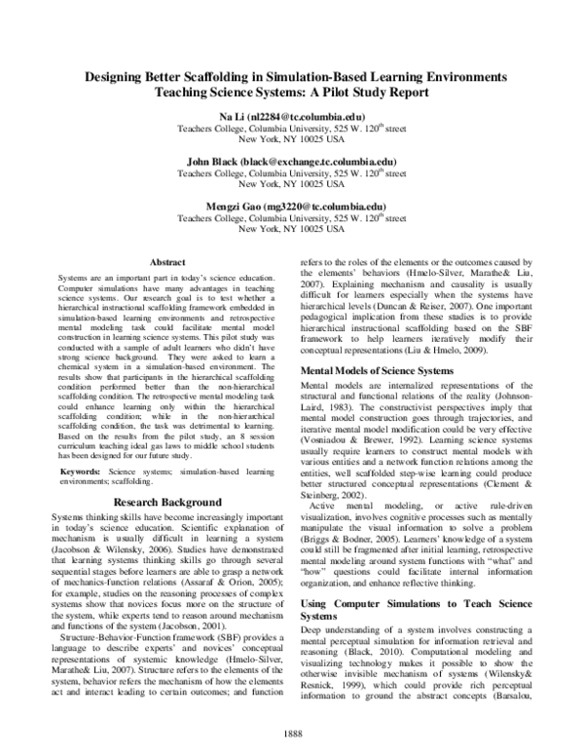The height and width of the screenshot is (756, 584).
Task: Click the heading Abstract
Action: point(169,261)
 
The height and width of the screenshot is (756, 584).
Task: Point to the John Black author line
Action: point(292,162)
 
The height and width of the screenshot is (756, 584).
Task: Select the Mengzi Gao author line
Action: point(292,207)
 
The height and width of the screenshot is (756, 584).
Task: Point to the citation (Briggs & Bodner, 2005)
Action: point(352,538)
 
